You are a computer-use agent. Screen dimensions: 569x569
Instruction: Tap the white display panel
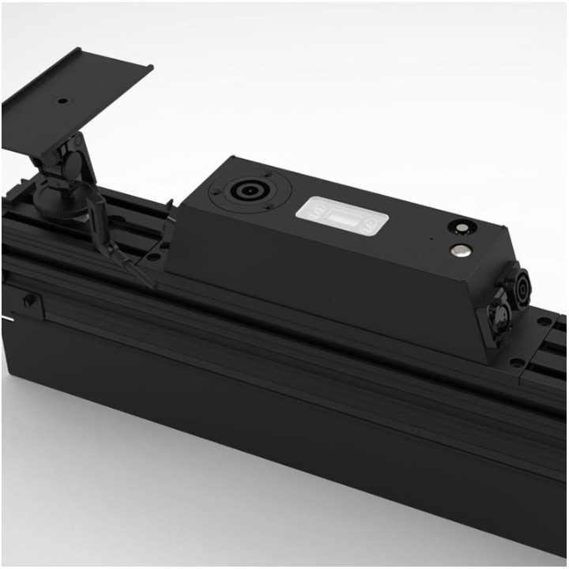pyautogui.click(x=341, y=213)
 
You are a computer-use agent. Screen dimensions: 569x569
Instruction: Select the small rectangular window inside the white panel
pyautogui.click(x=341, y=214)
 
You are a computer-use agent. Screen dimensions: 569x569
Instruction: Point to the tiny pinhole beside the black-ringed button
pyautogui.click(x=431, y=237)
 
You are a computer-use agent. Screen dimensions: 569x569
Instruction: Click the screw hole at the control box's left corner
pyautogui.click(x=153, y=255)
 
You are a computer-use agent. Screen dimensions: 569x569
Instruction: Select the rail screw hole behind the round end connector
pyautogui.click(x=545, y=322)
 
